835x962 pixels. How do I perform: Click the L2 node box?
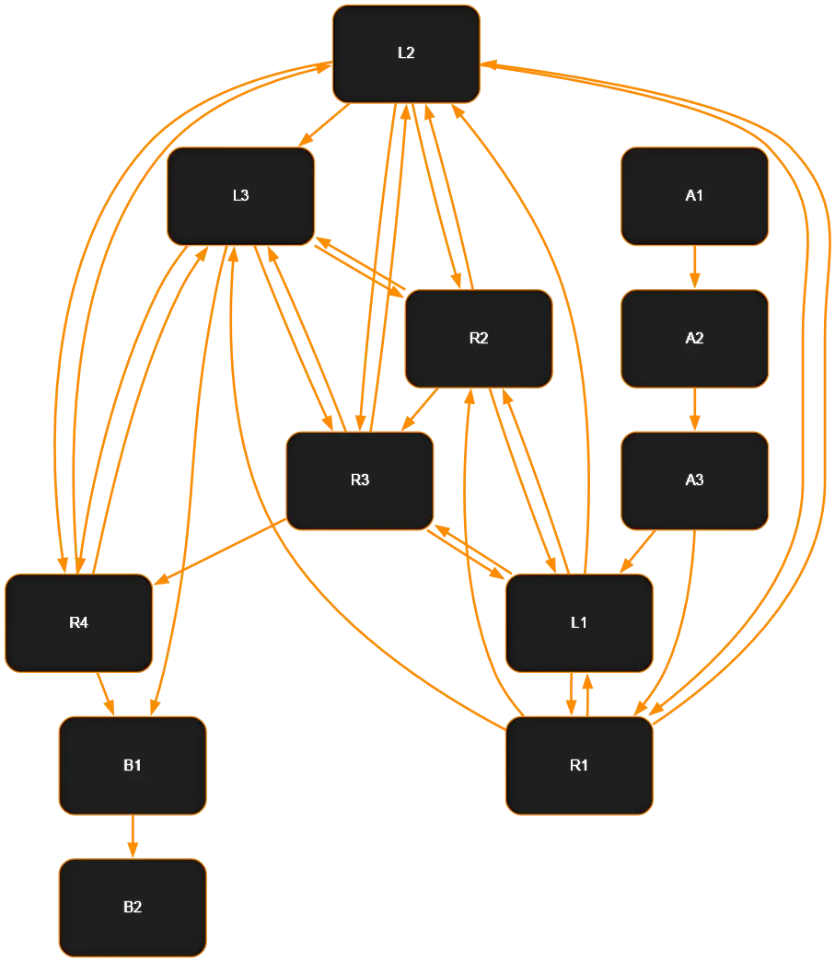(x=406, y=53)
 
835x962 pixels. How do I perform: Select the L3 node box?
(x=240, y=196)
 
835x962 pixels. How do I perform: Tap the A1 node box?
(x=694, y=196)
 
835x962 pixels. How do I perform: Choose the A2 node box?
(x=694, y=338)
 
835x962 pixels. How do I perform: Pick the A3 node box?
(x=694, y=481)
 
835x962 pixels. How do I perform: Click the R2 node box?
(x=479, y=338)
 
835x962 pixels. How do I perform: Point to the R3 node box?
(x=360, y=481)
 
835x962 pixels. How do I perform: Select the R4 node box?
(x=78, y=623)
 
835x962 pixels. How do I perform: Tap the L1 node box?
(x=579, y=623)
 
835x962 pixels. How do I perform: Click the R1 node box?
(x=579, y=765)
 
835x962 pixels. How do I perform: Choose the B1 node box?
(x=133, y=765)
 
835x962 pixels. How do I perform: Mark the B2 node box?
(x=133, y=908)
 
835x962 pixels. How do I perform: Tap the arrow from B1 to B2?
(x=133, y=836)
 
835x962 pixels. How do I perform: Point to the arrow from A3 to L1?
(x=637, y=551)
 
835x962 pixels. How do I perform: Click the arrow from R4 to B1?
(x=105, y=693)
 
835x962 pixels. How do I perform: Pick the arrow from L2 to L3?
(x=323, y=125)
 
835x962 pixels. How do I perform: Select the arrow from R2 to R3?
(x=420, y=409)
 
